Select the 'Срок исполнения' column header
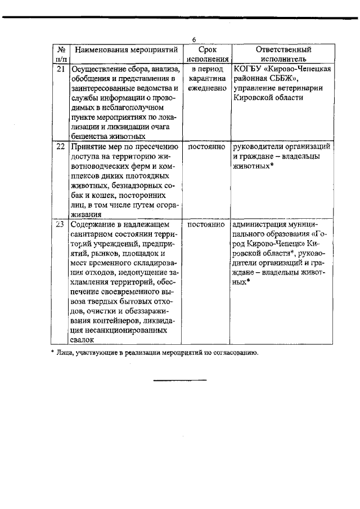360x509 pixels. coord(208,54)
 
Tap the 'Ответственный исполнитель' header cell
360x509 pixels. coord(283,54)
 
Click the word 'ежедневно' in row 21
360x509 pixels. coord(208,88)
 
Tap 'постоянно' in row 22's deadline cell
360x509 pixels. coord(208,146)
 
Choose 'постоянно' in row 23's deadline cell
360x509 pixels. coord(208,225)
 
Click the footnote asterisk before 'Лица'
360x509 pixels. coord(52,353)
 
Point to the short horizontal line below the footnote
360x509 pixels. coord(180,381)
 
